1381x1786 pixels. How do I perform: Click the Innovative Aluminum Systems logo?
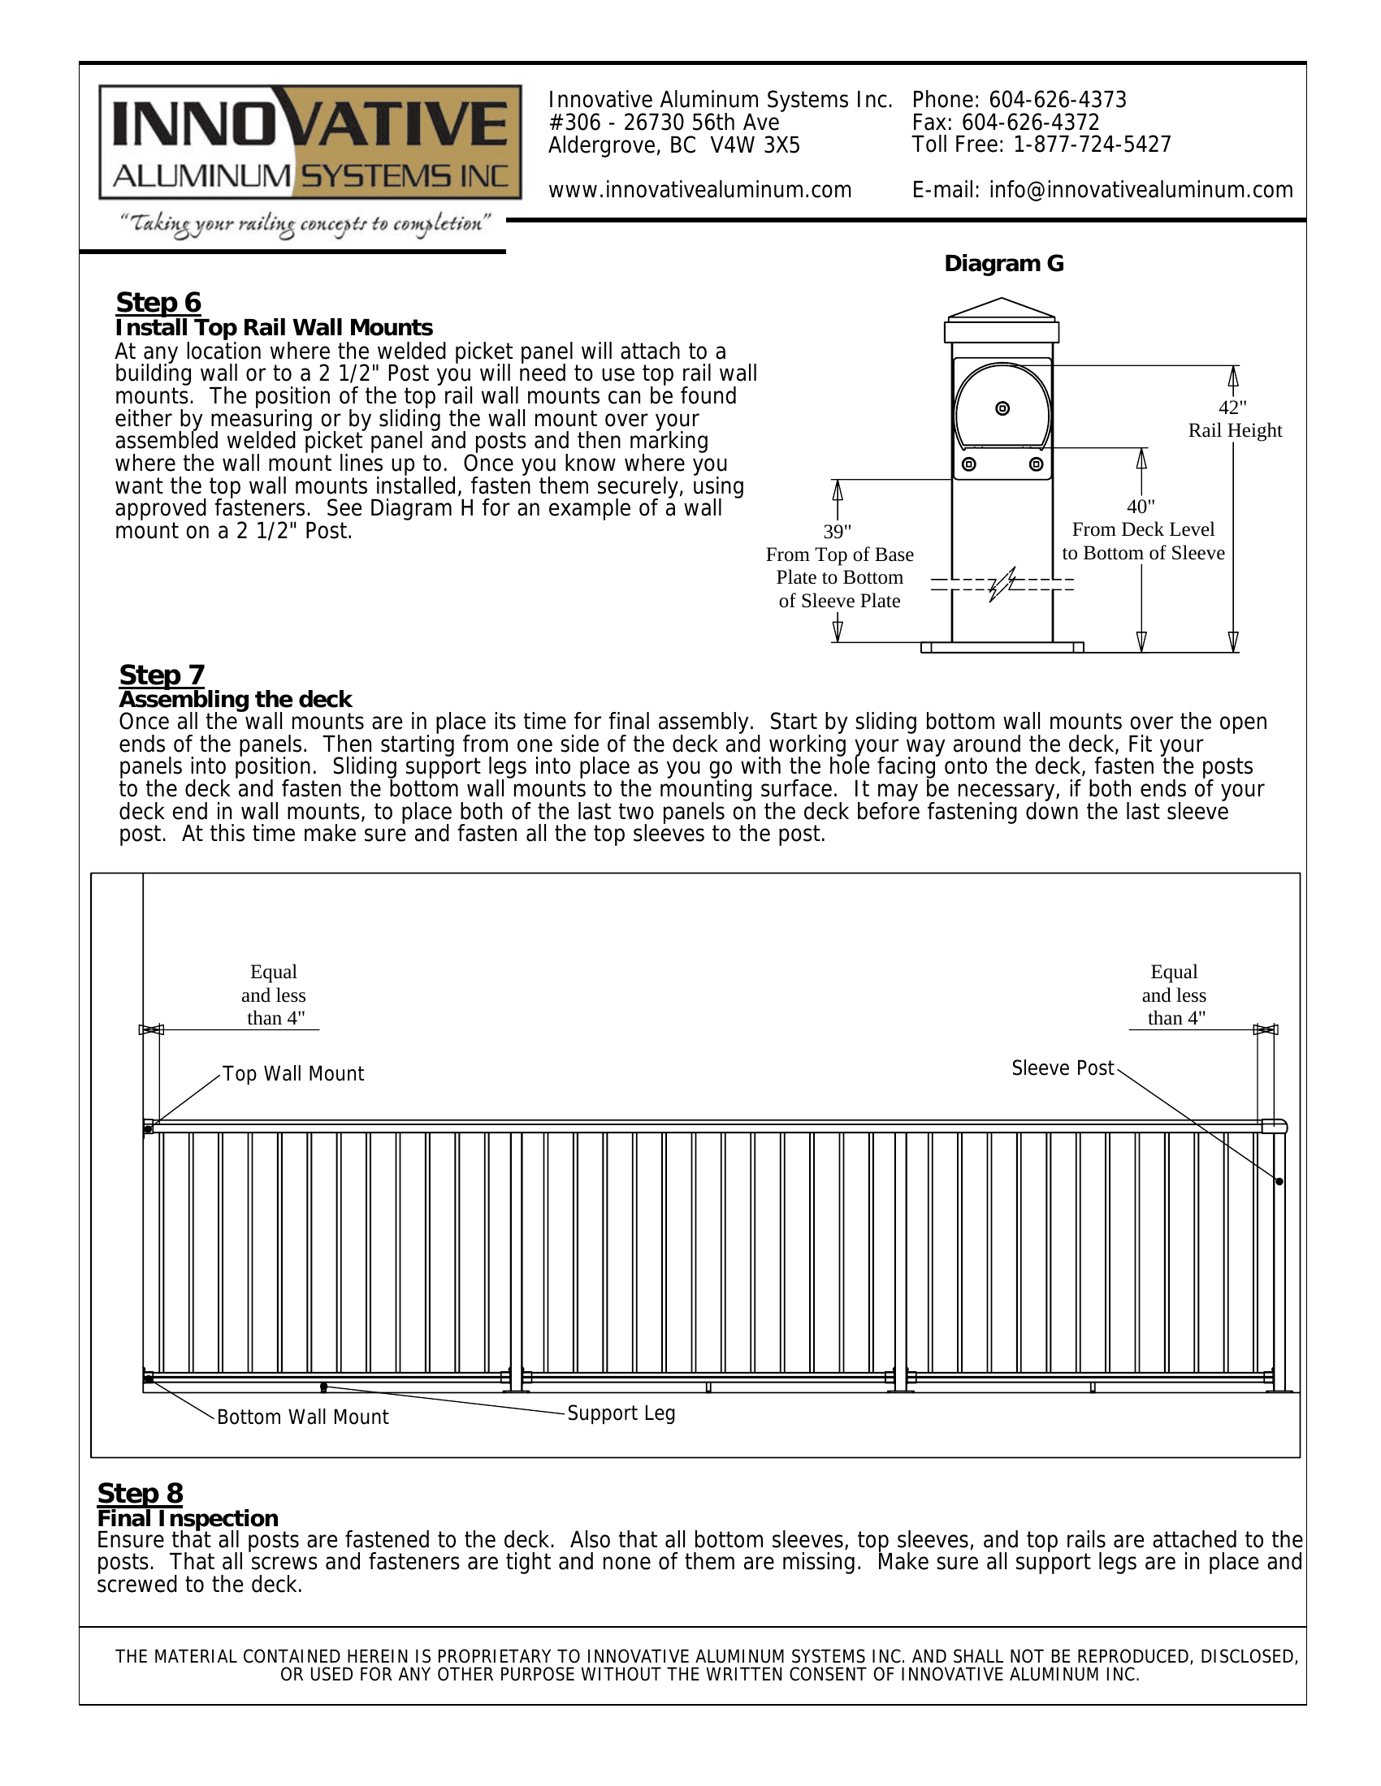click(310, 142)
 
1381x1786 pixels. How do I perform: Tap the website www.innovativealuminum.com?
click(699, 191)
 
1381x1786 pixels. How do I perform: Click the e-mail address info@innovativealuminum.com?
click(1141, 191)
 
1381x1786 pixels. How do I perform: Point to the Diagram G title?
click(1004, 263)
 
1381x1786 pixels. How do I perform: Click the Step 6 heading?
click(158, 302)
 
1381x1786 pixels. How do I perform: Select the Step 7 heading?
click(161, 675)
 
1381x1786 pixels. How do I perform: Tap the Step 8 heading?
click(140, 1493)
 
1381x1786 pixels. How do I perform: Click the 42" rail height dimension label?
click(1234, 419)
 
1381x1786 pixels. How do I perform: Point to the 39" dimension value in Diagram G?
click(837, 532)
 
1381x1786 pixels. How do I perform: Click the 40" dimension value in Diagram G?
click(1141, 507)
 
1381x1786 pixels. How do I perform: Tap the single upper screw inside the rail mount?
click(1003, 408)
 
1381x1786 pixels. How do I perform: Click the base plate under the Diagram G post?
click(1002, 648)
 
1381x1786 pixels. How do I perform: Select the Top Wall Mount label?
click(293, 1074)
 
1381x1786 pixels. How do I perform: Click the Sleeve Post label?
click(1062, 1068)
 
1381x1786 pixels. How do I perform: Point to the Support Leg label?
click(621, 1413)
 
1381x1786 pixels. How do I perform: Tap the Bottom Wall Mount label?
click(303, 1417)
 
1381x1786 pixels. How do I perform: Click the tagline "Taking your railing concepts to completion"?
click(305, 224)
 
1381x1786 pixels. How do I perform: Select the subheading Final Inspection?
click(188, 1519)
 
